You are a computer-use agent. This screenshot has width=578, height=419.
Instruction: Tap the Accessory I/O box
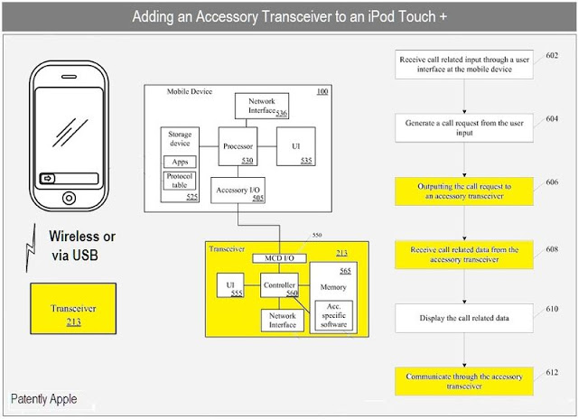tap(238, 190)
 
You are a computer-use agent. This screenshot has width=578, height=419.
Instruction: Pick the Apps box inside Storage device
tap(180, 162)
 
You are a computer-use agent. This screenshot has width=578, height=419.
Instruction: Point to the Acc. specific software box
tap(332, 316)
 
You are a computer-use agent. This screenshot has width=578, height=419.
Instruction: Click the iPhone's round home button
tap(70, 198)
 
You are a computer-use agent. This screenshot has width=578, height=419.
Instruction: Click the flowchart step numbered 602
tap(462, 64)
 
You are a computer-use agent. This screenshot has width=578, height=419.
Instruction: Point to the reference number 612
tap(552, 371)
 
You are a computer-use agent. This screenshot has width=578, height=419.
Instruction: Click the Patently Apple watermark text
tap(44, 399)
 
